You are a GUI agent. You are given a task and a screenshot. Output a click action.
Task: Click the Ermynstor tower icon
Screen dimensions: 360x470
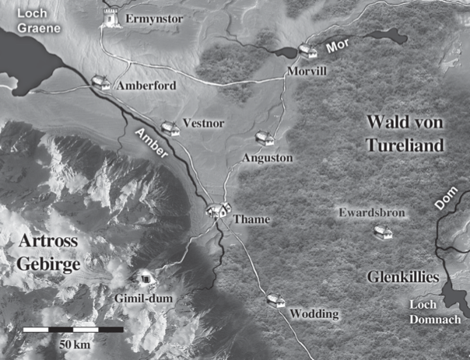point(112,17)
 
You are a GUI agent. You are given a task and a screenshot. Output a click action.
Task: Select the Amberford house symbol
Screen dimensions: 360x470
point(100,81)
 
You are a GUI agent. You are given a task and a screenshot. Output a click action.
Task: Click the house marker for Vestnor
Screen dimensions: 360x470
point(169,128)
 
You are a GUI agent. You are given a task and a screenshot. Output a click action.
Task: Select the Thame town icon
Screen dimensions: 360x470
point(219,209)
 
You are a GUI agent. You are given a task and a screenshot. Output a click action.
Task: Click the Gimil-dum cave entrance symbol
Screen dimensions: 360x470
point(143,277)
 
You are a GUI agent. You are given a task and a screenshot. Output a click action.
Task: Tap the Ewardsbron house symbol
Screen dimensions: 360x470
point(381,231)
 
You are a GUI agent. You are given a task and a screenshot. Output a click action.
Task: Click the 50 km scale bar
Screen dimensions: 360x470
point(72,330)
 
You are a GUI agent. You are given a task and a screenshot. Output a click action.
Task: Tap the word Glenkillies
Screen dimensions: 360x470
point(403,278)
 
